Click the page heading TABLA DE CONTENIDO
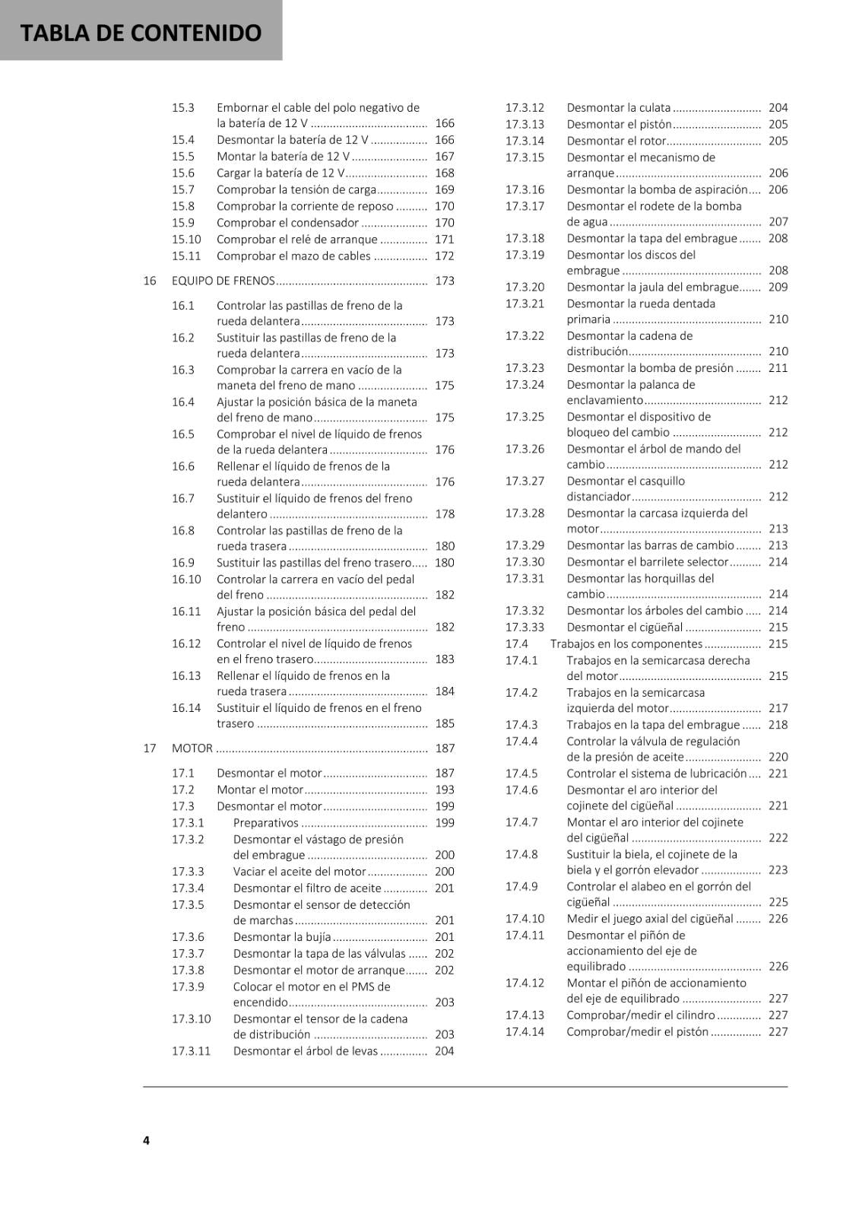[x=141, y=33]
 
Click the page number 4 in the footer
[x=146, y=1139]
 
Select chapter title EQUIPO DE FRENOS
[x=223, y=281]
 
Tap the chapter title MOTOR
[x=192, y=748]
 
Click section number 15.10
[x=186, y=240]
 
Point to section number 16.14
[x=186, y=708]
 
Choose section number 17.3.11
[x=191, y=1051]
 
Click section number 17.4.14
[x=525, y=1032]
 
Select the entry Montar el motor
[x=259, y=790]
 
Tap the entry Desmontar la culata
[x=618, y=108]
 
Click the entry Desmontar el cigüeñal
[x=624, y=628]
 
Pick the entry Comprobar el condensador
[x=287, y=223]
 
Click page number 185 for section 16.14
[x=445, y=724]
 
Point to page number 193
[x=445, y=790]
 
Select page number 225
[x=778, y=902]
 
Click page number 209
[x=778, y=288]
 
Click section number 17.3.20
[x=525, y=288]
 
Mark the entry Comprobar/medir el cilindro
[x=640, y=1015]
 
